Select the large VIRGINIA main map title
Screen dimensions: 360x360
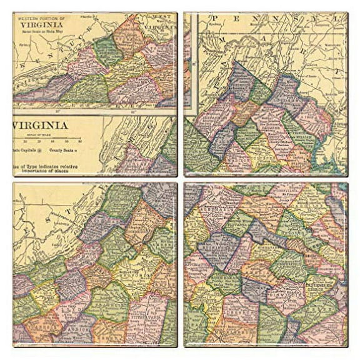tap(39, 125)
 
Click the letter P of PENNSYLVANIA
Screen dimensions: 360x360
tap(214, 19)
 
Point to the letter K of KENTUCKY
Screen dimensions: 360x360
tap(24, 69)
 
